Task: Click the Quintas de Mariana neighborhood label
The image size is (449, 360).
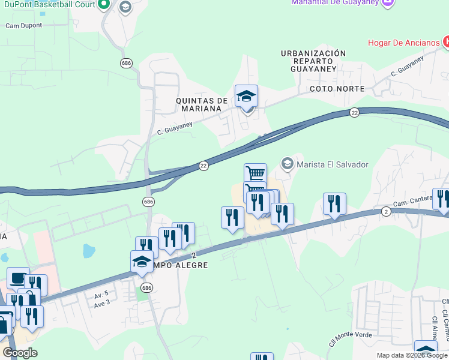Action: [x=202, y=104]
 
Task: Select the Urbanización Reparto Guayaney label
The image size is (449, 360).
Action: [x=313, y=61]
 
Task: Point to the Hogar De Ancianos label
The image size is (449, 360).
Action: [x=403, y=43]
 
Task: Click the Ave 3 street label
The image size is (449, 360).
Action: [x=101, y=303]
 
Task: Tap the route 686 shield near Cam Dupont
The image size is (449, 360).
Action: [x=126, y=63]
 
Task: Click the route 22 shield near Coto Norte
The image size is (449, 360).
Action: [x=354, y=112]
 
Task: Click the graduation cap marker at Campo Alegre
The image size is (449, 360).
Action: [x=142, y=262]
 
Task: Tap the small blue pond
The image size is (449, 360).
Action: [x=89, y=250]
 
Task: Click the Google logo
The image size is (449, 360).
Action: [x=20, y=353]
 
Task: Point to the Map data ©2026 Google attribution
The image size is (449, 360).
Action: [x=411, y=355]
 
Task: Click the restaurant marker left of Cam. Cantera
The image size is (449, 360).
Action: [x=334, y=204]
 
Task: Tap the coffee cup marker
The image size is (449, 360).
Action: [x=18, y=278]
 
